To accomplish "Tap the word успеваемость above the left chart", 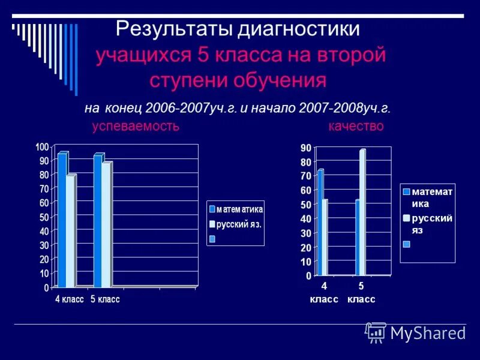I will [136, 127].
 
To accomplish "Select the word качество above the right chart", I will [356, 127].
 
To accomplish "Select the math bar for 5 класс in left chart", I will [98, 220].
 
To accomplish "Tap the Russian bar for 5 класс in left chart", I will [106, 224].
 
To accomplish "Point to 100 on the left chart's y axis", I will [42, 147].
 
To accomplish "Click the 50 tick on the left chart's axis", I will [44, 217].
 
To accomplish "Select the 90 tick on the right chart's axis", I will [305, 148].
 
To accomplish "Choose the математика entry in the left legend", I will [239, 209].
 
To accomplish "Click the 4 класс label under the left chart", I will [70, 299].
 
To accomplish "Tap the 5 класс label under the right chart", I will [361, 293].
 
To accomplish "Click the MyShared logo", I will [416, 332].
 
